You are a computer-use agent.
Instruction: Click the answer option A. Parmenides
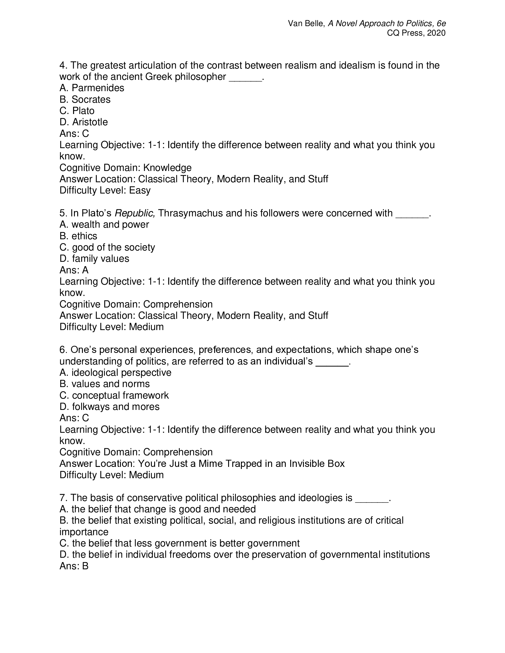(91, 88)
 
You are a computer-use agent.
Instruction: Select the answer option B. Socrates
(85, 99)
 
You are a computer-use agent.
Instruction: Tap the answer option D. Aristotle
(83, 122)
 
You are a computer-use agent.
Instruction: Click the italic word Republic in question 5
(135, 213)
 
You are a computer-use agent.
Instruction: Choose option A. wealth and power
(104, 225)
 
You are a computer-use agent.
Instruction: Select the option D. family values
(94, 259)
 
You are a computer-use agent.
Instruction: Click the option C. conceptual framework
(114, 395)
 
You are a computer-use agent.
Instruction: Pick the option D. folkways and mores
(109, 407)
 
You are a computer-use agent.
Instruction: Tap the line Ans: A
(74, 270)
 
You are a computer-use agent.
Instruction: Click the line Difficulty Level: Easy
(105, 190)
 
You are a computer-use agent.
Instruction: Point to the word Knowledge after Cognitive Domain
(167, 168)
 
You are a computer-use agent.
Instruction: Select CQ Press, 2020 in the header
(416, 33)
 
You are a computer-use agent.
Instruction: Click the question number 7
(62, 498)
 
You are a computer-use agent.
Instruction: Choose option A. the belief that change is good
(157, 509)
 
